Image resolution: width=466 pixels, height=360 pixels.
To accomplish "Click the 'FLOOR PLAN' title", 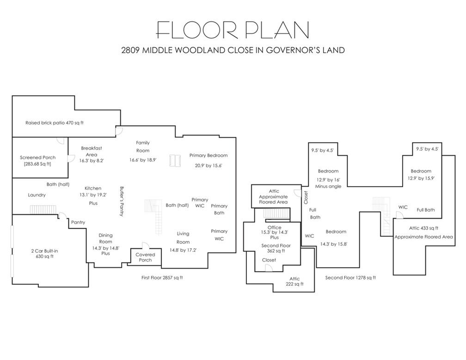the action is (233, 30).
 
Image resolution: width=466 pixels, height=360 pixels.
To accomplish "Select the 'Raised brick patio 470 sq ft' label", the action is (55, 122).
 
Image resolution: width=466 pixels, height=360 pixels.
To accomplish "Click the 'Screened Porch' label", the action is (38, 158).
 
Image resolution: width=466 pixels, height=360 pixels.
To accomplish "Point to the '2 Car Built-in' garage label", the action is (44, 251).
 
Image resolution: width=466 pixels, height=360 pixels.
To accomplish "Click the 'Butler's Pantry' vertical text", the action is (122, 201).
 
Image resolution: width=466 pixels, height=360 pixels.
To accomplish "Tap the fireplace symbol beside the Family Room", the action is (175, 160).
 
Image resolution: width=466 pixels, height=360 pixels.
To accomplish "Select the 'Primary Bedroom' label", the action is (208, 155).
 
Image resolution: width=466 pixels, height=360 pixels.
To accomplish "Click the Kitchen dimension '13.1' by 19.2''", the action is (93, 195).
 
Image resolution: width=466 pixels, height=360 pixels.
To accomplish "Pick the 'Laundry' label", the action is (37, 195).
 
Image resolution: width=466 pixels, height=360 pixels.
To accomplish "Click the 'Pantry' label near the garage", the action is (78, 222).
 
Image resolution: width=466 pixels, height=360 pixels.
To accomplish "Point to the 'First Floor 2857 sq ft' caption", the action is (162, 278).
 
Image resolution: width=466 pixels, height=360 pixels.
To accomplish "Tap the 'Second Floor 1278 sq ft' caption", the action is (350, 278).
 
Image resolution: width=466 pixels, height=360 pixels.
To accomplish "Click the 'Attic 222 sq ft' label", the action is (294, 281).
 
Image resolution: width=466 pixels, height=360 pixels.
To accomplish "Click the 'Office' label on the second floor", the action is (274, 227).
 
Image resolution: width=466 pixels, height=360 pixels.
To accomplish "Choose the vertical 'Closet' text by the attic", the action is (306, 197).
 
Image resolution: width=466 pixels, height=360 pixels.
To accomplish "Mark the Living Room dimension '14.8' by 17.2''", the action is (183, 250).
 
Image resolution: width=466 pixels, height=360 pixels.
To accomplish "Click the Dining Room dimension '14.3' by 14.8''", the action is (105, 248).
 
